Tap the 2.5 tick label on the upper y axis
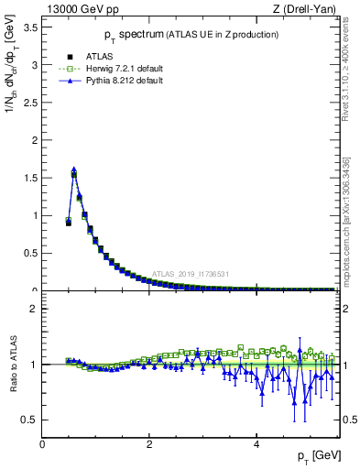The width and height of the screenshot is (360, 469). (31, 103)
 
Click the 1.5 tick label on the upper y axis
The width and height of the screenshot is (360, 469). (31, 178)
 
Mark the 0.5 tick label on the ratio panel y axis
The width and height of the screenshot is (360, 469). (31, 420)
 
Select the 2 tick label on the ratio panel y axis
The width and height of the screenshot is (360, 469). (35, 309)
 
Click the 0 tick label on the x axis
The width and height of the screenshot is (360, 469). (42, 443)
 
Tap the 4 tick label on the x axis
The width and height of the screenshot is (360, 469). (256, 443)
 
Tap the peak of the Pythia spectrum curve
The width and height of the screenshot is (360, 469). (73, 169)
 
